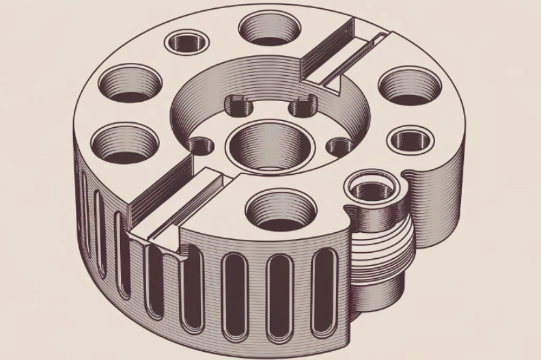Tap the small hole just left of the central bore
[201, 146]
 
